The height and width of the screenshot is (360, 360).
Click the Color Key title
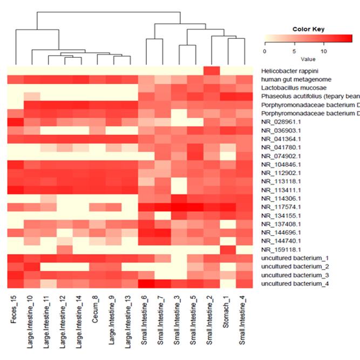(308, 29)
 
